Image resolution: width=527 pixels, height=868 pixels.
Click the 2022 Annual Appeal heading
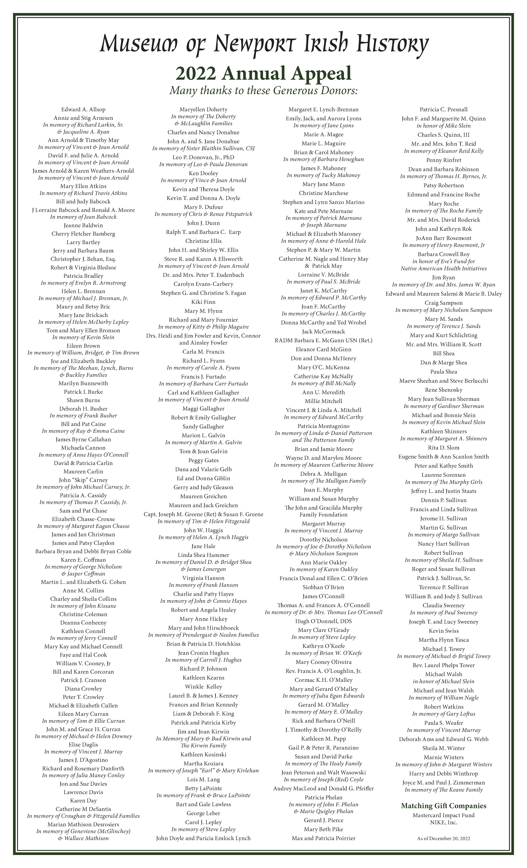point(263,73)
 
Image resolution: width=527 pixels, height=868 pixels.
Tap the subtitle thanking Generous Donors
point(263,91)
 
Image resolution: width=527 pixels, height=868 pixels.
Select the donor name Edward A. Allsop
point(84,110)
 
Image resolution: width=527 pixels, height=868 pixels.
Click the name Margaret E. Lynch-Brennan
point(323,110)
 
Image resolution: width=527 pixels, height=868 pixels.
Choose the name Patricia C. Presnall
point(443,110)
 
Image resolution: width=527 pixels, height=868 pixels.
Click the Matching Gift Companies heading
point(443,806)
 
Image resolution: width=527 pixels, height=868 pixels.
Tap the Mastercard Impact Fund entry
point(443,815)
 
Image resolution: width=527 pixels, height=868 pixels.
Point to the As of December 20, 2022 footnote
point(443,839)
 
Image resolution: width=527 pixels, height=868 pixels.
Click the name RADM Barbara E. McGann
point(323,340)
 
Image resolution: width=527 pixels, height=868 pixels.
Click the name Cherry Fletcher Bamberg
point(84,234)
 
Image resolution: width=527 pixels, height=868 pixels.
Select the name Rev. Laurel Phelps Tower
point(443,665)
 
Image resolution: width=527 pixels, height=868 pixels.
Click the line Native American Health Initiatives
point(443,268)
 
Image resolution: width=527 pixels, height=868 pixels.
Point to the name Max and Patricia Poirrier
point(323,838)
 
